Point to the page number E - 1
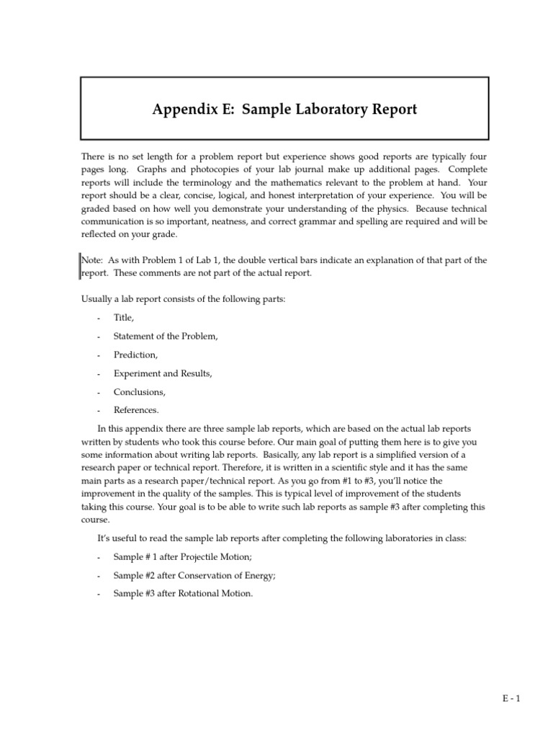(511, 698)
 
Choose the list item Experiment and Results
(163, 373)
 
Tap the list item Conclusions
(140, 392)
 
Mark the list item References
(136, 410)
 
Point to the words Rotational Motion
(216, 594)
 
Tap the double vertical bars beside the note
(78, 266)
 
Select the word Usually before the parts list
(96, 298)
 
